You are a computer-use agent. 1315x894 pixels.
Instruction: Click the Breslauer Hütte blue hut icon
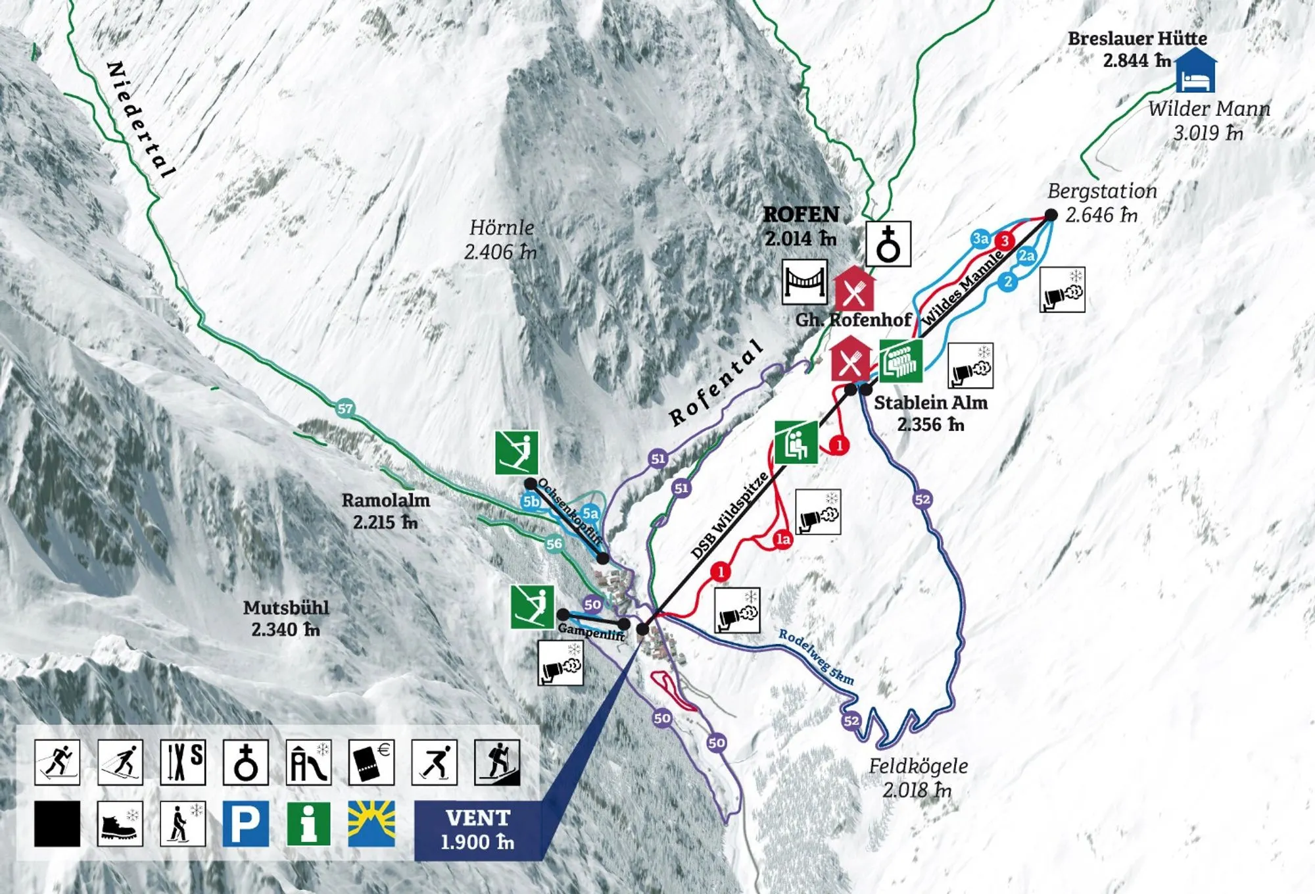[1195, 70]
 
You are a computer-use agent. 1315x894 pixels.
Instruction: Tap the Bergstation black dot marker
[1051, 215]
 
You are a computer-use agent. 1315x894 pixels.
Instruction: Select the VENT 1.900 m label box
[478, 830]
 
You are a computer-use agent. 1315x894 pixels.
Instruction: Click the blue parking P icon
[245, 823]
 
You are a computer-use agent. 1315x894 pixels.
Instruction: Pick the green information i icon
[308, 823]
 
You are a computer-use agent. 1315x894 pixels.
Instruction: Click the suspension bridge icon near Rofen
[804, 282]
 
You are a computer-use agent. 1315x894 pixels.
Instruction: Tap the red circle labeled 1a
[782, 539]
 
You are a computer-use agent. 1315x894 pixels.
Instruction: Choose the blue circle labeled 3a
[980, 238]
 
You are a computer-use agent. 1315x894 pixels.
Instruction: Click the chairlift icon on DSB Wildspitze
[796, 443]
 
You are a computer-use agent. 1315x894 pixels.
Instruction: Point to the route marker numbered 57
[345, 409]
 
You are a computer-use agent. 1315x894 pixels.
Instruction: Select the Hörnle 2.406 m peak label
[501, 239]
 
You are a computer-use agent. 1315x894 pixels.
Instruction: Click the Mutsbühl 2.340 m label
[286, 618]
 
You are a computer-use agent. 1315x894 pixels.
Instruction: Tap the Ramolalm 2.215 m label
[385, 510]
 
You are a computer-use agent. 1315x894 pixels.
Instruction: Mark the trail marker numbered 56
[554, 543]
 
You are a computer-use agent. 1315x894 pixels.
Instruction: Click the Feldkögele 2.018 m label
[918, 778]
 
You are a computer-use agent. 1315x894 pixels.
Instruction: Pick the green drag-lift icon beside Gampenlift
[533, 607]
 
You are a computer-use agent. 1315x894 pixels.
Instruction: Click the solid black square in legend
[57, 823]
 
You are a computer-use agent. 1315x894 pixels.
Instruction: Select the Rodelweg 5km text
[816, 657]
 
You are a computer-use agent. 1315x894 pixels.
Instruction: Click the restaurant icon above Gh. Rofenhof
[854, 289]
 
